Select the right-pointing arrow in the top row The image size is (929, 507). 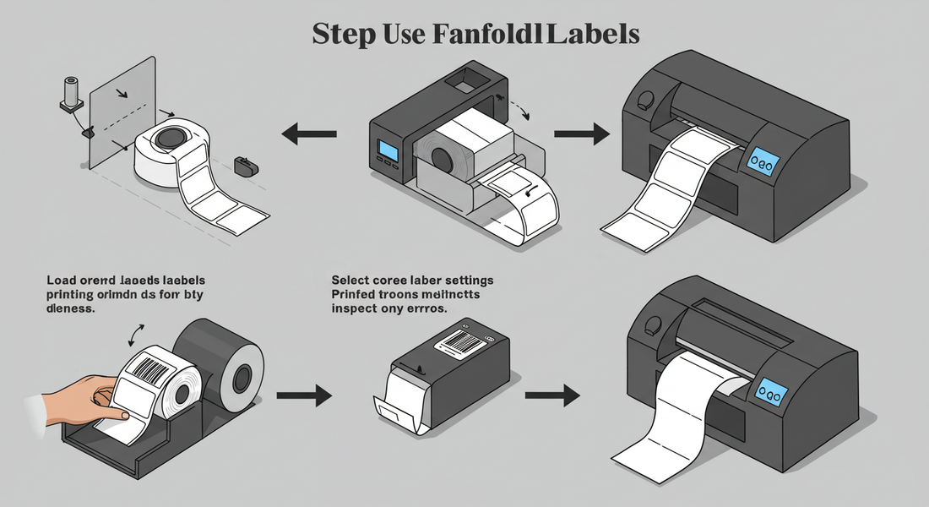(582, 133)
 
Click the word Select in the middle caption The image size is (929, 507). (351, 280)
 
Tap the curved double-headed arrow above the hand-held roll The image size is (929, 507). (136, 335)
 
